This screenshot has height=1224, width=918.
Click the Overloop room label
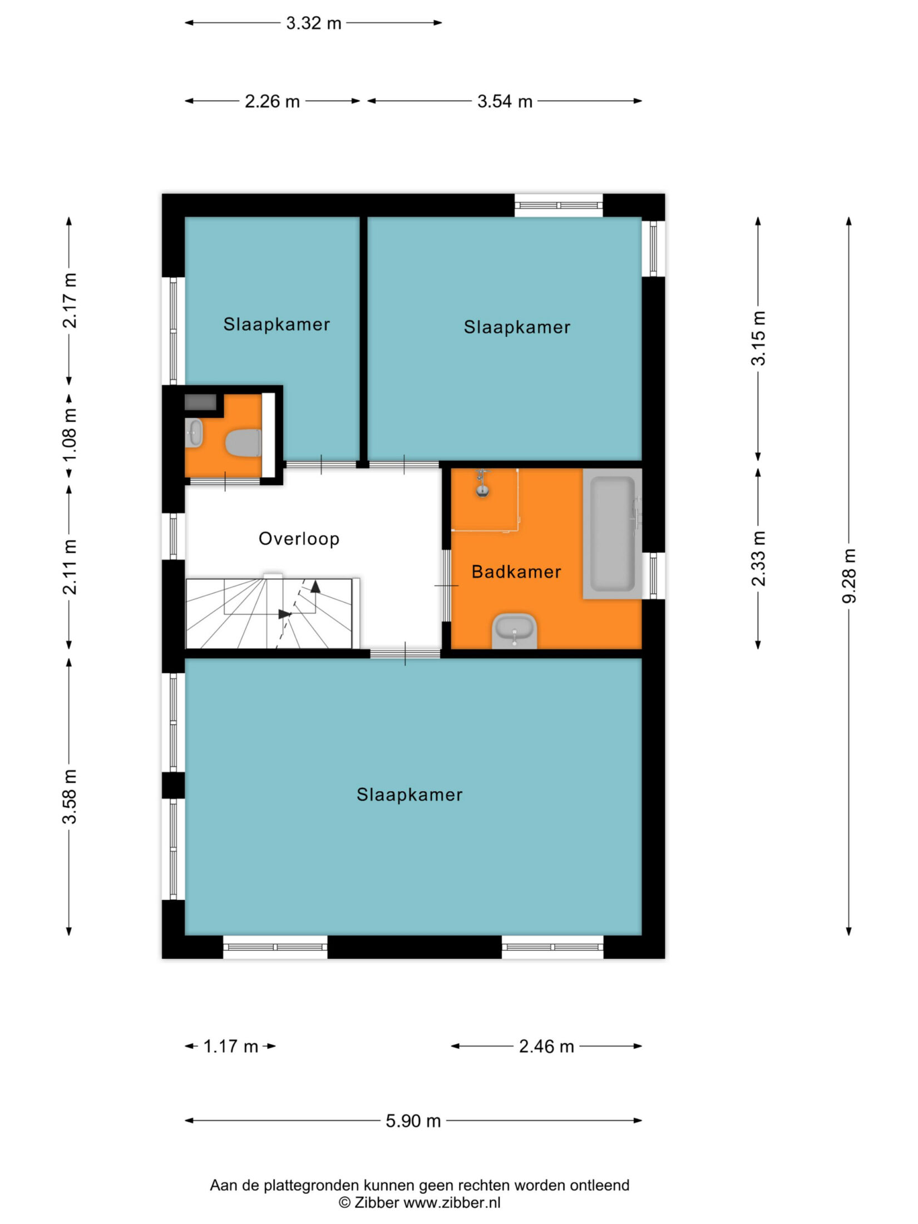pyautogui.click(x=299, y=539)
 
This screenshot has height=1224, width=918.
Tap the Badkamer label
pyautogui.click(x=516, y=571)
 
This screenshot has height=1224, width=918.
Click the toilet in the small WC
pyautogui.click(x=243, y=443)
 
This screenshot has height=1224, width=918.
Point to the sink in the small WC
pyautogui.click(x=194, y=432)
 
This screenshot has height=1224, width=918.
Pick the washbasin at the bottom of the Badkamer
pyautogui.click(x=515, y=631)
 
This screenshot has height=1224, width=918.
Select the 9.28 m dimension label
pyautogui.click(x=849, y=576)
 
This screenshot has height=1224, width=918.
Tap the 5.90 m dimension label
pyautogui.click(x=413, y=1121)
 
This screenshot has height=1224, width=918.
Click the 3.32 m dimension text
pyautogui.click(x=314, y=23)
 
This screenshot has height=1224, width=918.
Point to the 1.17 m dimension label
pyautogui.click(x=231, y=1047)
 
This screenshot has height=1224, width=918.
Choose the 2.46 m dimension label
pyautogui.click(x=546, y=1047)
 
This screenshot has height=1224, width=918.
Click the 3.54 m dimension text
pyautogui.click(x=505, y=101)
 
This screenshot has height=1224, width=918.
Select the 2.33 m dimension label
pyautogui.click(x=758, y=559)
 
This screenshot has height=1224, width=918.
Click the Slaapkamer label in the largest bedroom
pyautogui.click(x=409, y=794)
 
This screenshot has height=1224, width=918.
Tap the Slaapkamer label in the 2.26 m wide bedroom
pyautogui.click(x=277, y=324)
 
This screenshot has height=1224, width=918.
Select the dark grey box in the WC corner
pyautogui.click(x=200, y=402)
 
